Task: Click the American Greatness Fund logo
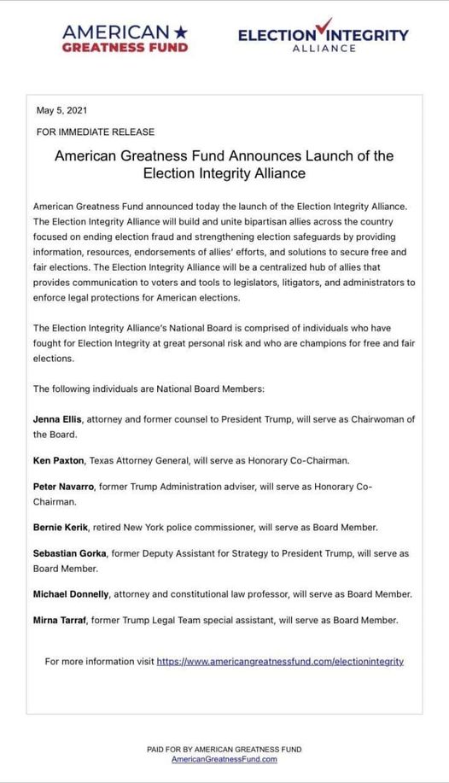click(x=125, y=38)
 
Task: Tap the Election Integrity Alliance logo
click(x=323, y=38)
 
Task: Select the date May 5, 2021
click(x=61, y=110)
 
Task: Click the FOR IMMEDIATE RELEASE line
click(x=96, y=131)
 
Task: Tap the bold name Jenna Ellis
click(x=57, y=418)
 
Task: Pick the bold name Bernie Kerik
click(x=60, y=527)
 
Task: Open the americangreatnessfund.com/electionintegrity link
click(x=280, y=661)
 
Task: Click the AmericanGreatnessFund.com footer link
click(x=224, y=759)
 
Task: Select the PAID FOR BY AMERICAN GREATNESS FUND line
click(x=224, y=749)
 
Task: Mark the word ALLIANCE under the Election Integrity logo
click(x=324, y=49)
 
